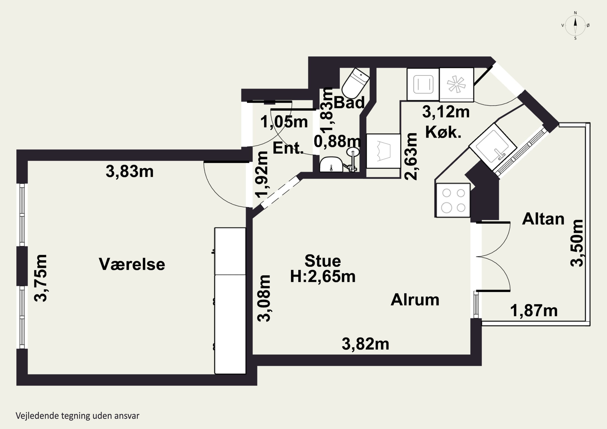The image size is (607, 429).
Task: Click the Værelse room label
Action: pos(132,264)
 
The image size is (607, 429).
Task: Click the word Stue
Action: pos(323,261)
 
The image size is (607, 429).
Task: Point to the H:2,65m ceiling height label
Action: pos(323,276)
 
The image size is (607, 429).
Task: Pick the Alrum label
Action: pos(415,300)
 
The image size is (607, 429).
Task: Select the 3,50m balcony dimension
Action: pos(577,243)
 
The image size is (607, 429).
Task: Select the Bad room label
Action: pos(349,102)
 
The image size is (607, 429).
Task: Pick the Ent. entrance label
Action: pos(288,148)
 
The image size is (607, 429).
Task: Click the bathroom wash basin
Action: pos(331,164)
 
